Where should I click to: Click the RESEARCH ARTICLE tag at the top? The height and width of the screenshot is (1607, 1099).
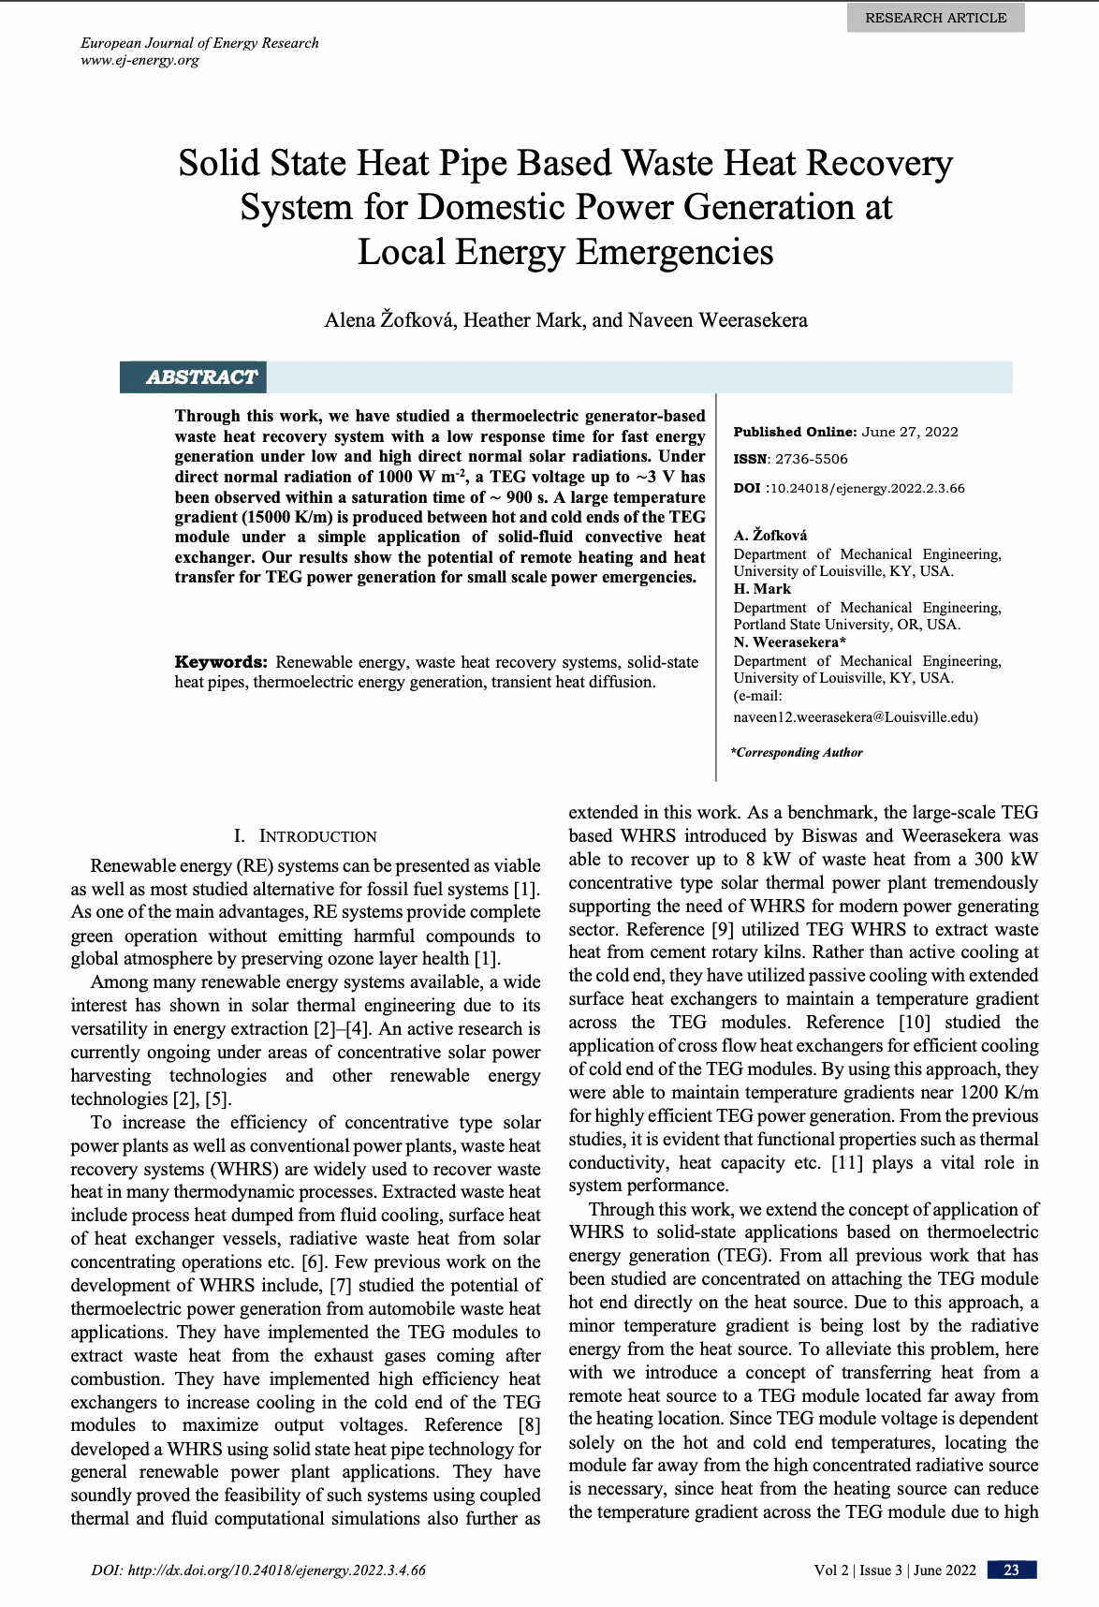pyautogui.click(x=935, y=18)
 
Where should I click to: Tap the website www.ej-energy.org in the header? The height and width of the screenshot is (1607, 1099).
pyautogui.click(x=140, y=61)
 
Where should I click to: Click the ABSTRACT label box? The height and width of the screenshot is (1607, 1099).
pyautogui.click(x=200, y=377)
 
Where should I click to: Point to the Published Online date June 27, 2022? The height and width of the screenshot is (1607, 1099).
pyautogui.click(x=909, y=432)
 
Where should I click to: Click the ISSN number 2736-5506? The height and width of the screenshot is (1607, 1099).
pyautogui.click(x=811, y=459)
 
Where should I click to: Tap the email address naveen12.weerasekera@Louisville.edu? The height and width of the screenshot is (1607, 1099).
pyautogui.click(x=855, y=717)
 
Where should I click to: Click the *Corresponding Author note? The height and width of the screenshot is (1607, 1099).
pyautogui.click(x=797, y=752)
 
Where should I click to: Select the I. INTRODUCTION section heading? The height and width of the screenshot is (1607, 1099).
pyautogui.click(x=305, y=836)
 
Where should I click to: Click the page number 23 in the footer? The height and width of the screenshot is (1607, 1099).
pyautogui.click(x=1011, y=1570)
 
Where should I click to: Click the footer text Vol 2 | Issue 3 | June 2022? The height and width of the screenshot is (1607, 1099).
pyautogui.click(x=894, y=1570)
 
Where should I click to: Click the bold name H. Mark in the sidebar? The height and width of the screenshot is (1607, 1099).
pyautogui.click(x=762, y=589)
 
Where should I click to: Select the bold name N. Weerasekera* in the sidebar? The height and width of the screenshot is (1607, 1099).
pyautogui.click(x=789, y=642)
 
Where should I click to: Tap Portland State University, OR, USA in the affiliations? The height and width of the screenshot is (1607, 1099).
pyautogui.click(x=846, y=625)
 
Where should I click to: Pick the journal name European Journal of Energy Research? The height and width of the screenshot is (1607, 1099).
pyautogui.click(x=199, y=43)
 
